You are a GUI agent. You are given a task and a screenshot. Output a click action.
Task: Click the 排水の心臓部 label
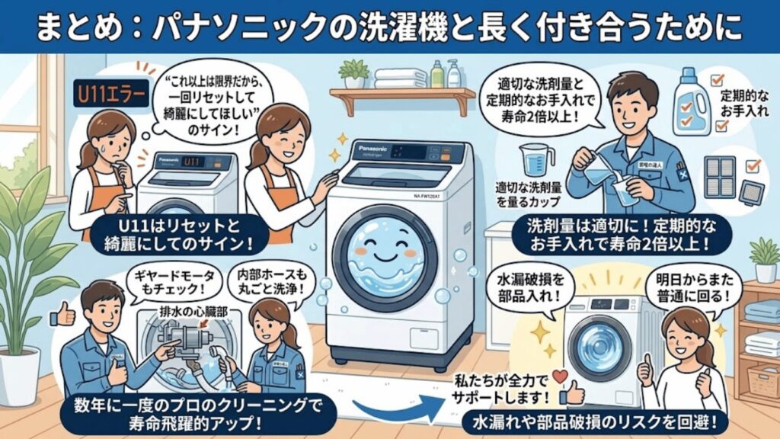[187, 312]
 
